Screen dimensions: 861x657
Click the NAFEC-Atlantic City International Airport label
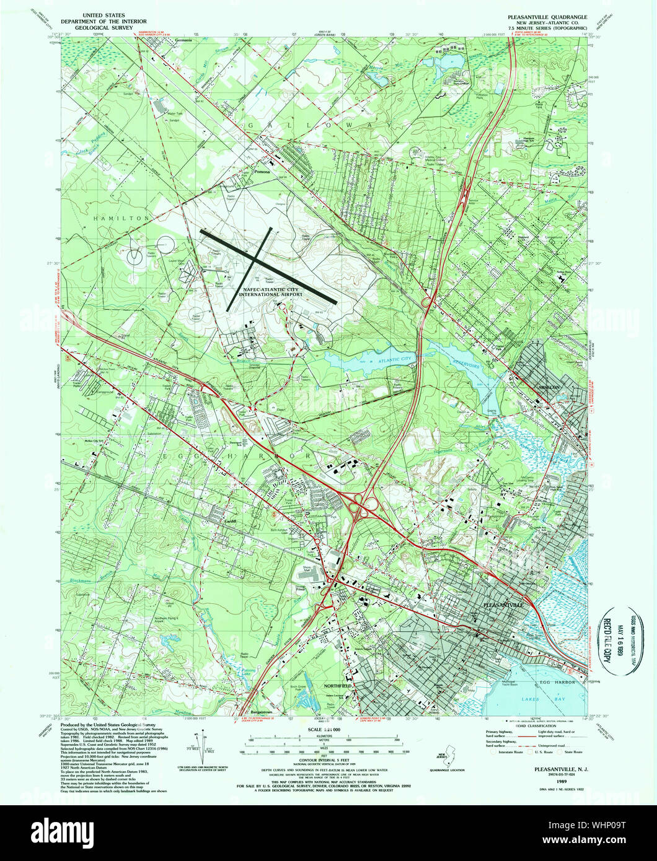268,291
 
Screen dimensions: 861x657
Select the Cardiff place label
232,521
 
